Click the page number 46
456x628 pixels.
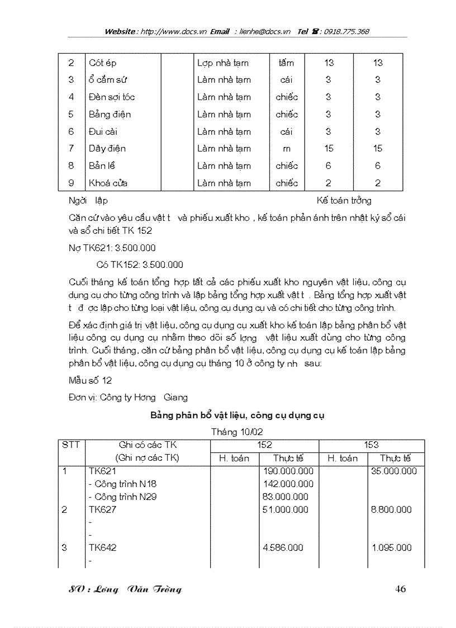click(400, 588)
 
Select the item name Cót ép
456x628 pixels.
click(102, 63)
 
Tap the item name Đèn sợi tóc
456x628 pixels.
click(112, 97)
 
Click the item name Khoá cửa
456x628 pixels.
click(107, 183)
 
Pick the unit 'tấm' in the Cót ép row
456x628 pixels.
click(286, 63)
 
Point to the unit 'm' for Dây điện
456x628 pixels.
click(287, 149)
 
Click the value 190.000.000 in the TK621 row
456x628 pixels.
click(288, 471)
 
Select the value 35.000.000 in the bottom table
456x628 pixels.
click(394, 471)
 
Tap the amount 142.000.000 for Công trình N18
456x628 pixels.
click(288, 484)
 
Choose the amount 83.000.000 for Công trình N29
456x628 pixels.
click(285, 497)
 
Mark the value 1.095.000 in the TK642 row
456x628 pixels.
click(392, 547)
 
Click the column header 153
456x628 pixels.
click(371, 445)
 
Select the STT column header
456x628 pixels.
click(71, 445)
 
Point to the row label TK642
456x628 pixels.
click(103, 547)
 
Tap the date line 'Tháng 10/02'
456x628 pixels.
click(237, 431)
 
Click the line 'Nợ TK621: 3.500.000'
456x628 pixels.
click(112, 248)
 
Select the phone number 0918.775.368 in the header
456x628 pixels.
click(341, 32)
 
